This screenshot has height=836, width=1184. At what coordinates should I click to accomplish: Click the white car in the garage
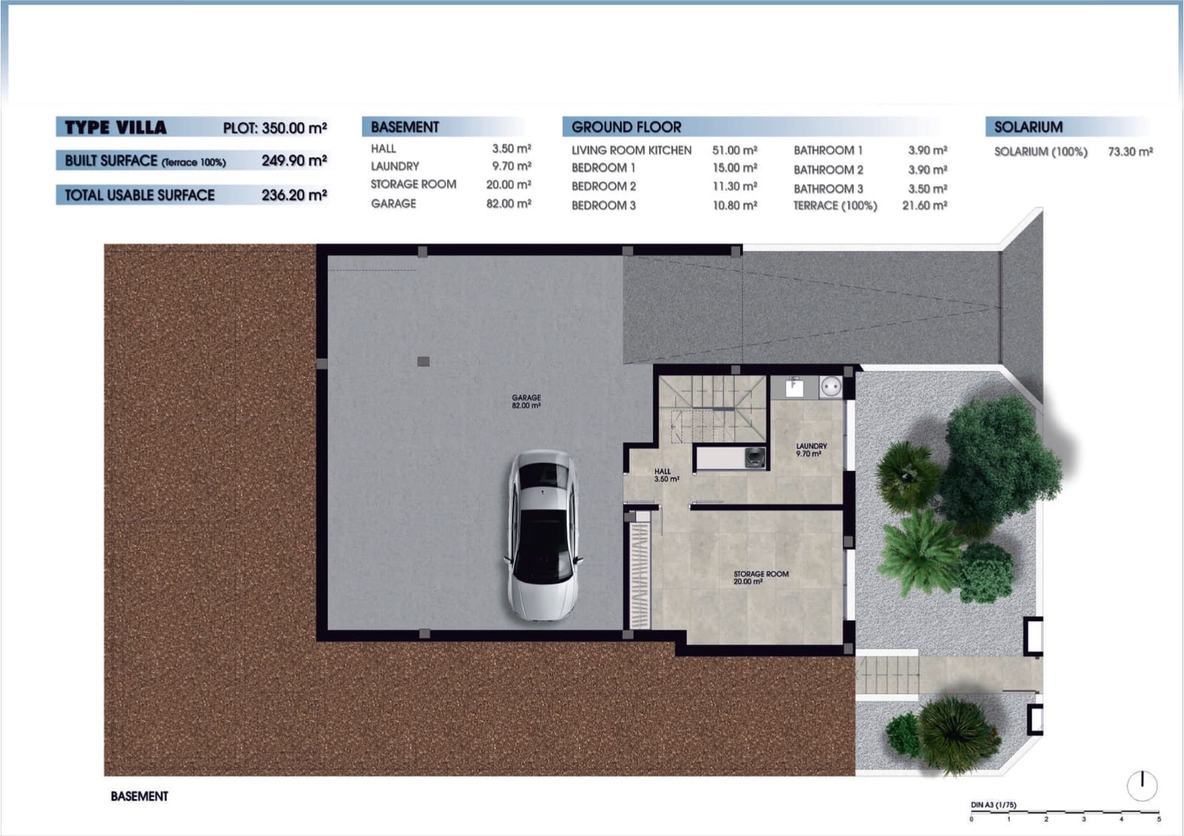click(x=542, y=535)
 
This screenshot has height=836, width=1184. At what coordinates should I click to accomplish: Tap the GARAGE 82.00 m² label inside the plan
click(x=526, y=402)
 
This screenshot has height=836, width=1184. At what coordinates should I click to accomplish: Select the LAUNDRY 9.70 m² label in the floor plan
click(x=811, y=450)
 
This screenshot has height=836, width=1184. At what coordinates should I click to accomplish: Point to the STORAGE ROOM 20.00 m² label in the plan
click(x=760, y=578)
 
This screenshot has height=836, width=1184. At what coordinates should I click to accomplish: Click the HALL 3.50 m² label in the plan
click(x=665, y=475)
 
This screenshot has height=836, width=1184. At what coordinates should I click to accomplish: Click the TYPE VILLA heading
click(x=115, y=127)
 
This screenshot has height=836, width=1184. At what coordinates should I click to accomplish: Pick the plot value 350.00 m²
click(x=294, y=128)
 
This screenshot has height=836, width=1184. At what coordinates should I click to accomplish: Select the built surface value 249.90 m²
click(x=294, y=161)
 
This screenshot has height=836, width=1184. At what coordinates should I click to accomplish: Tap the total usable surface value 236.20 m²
click(x=294, y=195)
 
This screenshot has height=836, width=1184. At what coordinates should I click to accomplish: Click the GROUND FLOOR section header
click(x=626, y=127)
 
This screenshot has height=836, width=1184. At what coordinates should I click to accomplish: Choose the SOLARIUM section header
click(x=1028, y=127)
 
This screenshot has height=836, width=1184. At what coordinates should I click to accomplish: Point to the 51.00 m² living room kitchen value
click(x=734, y=150)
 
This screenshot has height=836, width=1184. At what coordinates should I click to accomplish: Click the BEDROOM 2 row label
click(x=603, y=186)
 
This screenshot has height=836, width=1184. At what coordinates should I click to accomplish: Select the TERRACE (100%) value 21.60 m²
click(x=924, y=206)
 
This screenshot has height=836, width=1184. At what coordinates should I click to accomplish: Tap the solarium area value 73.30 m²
click(x=1130, y=152)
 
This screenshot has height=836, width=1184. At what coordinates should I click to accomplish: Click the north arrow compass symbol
click(x=1142, y=785)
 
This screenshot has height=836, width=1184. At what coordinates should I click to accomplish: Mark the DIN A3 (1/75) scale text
click(x=993, y=805)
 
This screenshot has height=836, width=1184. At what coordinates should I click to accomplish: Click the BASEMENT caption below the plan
click(x=139, y=796)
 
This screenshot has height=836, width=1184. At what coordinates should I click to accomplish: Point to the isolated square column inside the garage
click(x=423, y=362)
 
